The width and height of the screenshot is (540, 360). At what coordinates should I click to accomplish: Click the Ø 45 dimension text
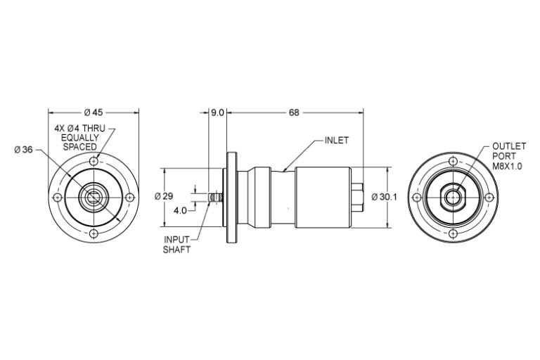click(94, 112)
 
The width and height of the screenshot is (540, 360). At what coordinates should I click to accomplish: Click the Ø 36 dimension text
click(23, 149)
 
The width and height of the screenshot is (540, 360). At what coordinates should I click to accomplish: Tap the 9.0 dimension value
click(217, 112)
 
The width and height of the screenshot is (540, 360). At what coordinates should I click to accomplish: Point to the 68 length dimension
click(293, 112)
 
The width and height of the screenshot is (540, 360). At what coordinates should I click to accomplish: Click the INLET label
click(336, 140)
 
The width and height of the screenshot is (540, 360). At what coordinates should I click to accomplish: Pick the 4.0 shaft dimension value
click(180, 210)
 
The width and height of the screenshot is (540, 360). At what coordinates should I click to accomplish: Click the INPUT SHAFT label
click(177, 244)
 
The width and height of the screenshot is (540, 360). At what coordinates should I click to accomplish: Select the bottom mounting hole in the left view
click(94, 233)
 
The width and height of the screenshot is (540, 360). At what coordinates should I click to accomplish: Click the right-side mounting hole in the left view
click(129, 198)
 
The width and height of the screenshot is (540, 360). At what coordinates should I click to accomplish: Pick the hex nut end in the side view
click(357, 198)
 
